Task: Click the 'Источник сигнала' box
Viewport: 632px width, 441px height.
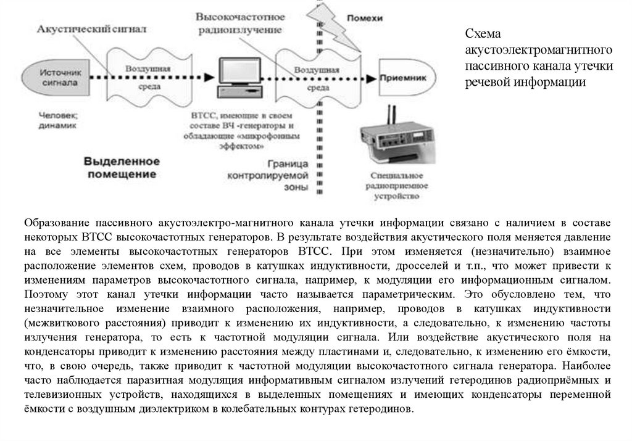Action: point(59,76)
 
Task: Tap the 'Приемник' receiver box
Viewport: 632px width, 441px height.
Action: point(402,78)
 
